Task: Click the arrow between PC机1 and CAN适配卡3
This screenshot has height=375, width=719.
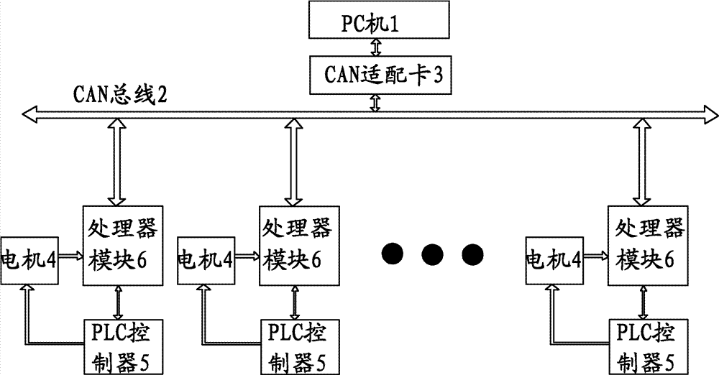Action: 375,47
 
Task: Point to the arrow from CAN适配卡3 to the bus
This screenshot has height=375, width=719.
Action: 375,101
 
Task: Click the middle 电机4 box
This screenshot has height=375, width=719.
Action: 205,256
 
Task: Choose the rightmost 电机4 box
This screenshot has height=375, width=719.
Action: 554,256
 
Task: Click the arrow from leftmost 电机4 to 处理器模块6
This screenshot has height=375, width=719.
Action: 70,255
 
